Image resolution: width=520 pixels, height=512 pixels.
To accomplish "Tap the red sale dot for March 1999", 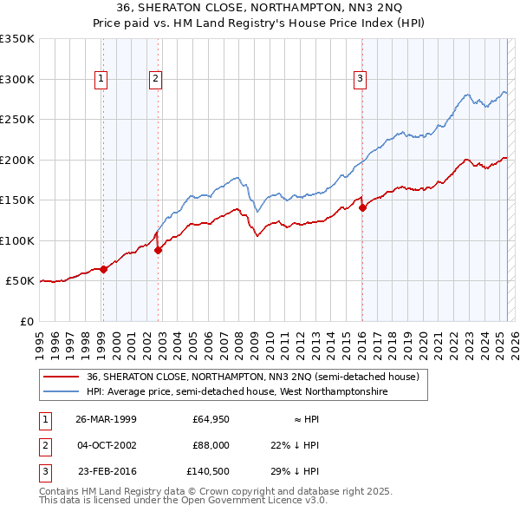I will tap(103, 269).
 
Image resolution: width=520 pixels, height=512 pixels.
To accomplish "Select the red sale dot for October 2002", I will tap(158, 250).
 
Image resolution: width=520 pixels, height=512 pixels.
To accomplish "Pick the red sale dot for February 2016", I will tap(362, 207).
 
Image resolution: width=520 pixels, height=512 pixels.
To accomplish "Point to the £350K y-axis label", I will tap(17, 39).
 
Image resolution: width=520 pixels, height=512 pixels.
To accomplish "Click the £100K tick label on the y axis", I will tap(17, 240).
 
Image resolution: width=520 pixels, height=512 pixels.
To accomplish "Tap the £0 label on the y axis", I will tap(26, 321).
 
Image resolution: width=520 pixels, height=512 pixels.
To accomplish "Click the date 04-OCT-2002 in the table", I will tap(106, 445).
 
